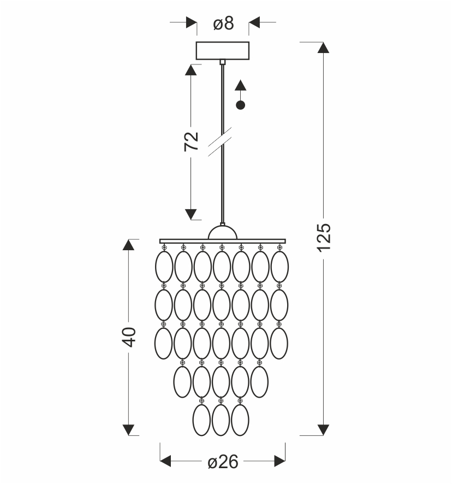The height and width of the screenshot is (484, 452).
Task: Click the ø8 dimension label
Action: point(223,23)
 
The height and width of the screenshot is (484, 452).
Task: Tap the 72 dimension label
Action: point(191,141)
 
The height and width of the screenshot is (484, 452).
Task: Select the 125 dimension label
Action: point(324,238)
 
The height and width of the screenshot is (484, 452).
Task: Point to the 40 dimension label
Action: point(129,337)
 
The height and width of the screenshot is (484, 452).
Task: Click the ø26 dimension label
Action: point(223,462)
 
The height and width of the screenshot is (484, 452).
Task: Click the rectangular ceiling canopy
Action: point(223,51)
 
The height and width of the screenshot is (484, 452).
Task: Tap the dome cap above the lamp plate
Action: point(223,232)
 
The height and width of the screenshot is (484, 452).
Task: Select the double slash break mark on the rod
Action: point(219,142)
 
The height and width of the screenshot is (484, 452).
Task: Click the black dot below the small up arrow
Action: point(240,105)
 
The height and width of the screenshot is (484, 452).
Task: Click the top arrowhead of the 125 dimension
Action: point(323,48)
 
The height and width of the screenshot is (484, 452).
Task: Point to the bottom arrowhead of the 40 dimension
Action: point(128,430)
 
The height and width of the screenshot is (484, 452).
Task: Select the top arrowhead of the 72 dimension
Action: point(191,70)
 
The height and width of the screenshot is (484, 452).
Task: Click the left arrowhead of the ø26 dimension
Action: point(165,461)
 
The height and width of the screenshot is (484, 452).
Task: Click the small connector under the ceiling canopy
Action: point(223,62)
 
